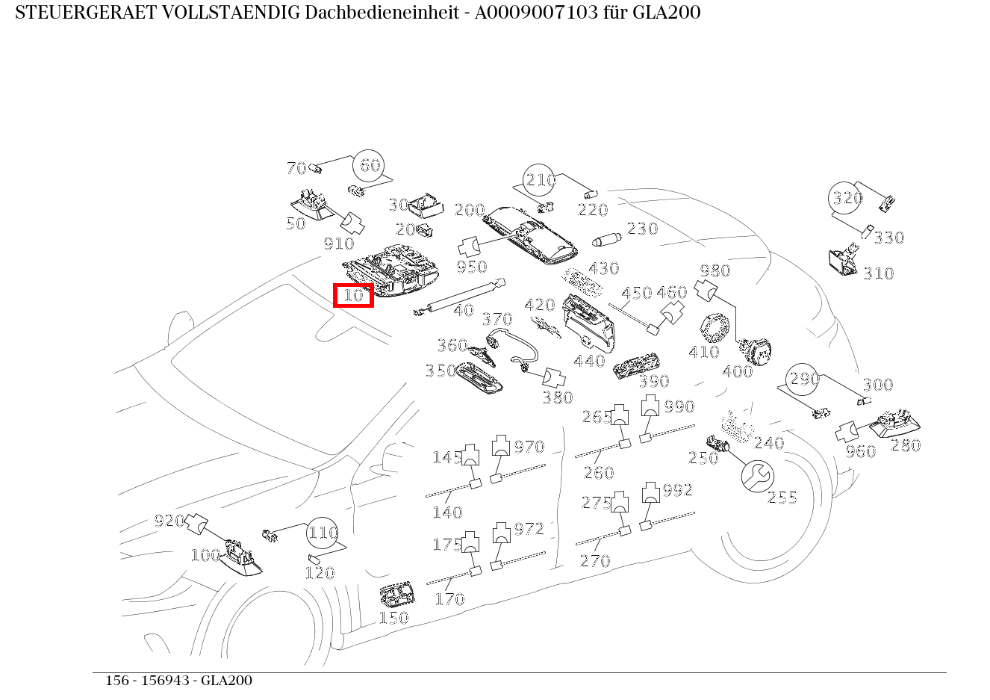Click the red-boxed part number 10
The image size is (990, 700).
tap(353, 295)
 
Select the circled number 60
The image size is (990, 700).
tap(370, 166)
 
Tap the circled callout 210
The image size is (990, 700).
tap(541, 180)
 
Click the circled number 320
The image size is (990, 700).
tap(847, 198)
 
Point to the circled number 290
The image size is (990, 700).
tap(804, 380)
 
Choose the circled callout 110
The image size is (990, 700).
tap(323, 533)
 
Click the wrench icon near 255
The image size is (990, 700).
tap(758, 476)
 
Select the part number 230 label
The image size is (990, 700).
tap(642, 229)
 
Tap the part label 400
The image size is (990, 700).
tap(737, 371)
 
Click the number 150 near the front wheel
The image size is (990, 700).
tap(393, 618)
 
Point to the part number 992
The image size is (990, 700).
tap(677, 490)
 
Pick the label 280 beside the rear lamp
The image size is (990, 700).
tap(906, 446)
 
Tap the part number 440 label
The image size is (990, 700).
tap(589, 362)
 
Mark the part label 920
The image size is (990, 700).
tap(169, 521)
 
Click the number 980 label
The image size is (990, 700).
tap(715, 270)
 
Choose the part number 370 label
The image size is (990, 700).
tap(496, 320)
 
